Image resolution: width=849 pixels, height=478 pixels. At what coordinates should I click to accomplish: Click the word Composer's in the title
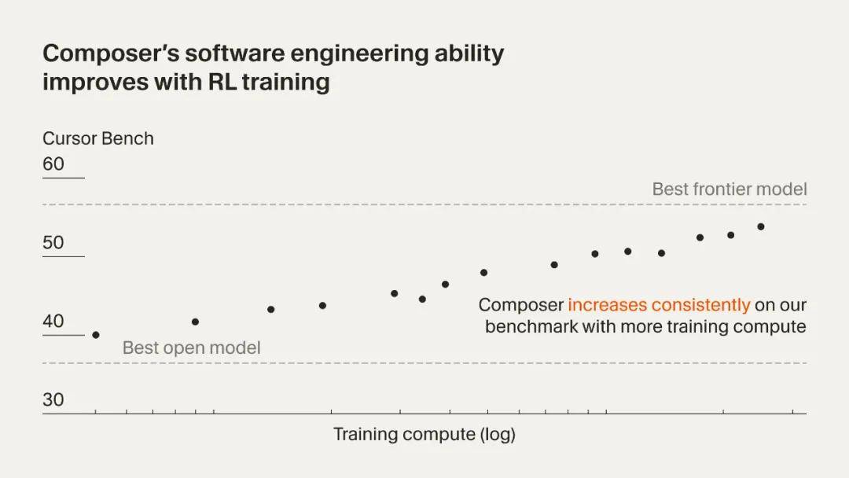[x=100, y=54]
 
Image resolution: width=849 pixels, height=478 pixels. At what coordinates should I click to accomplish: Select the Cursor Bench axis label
[x=98, y=138]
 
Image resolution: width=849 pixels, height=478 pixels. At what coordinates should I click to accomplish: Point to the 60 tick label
[x=53, y=164]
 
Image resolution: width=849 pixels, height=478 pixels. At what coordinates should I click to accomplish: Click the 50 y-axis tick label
[x=53, y=243]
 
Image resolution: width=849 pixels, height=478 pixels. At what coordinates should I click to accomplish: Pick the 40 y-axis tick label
[x=53, y=322]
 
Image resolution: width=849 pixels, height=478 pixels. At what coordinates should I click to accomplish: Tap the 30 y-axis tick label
[x=53, y=400]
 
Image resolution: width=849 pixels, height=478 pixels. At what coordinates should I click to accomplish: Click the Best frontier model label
[x=730, y=189]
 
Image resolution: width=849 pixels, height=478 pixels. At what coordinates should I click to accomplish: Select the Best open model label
[x=191, y=347]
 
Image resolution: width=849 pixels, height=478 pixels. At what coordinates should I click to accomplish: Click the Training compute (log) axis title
[x=424, y=434]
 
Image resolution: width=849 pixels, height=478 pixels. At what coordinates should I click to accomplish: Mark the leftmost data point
[x=96, y=335]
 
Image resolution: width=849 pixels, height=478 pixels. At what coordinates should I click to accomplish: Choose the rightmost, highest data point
[x=761, y=226]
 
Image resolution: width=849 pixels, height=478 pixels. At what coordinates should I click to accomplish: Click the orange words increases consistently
[x=659, y=305]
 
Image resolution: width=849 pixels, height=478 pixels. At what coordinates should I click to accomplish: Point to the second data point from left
[x=195, y=322]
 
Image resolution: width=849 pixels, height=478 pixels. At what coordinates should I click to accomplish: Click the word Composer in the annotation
[x=521, y=305]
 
